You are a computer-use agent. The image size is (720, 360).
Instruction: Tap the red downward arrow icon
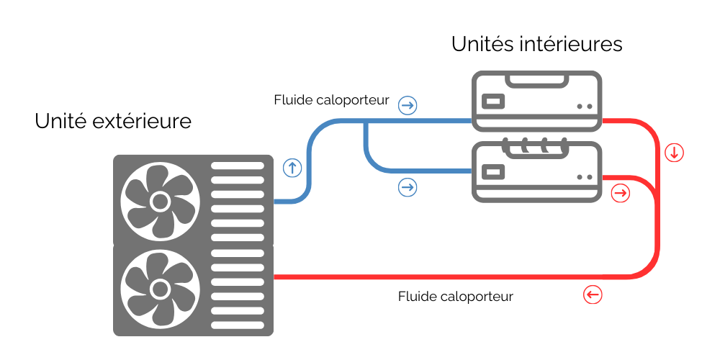tap(674, 153)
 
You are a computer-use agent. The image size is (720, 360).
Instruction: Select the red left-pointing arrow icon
tap(592, 294)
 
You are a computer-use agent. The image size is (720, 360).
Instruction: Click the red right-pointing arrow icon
tap(620, 193)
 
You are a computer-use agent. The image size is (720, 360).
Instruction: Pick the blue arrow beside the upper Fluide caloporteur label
tap(408, 106)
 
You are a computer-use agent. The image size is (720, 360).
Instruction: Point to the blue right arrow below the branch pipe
tap(408, 188)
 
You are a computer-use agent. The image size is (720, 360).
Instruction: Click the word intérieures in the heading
tap(570, 45)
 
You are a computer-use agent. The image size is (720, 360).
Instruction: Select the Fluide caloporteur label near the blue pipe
tap(331, 100)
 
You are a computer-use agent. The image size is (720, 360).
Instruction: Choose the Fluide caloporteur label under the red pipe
tap(455, 297)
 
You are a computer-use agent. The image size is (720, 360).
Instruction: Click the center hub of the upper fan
tap(159, 199)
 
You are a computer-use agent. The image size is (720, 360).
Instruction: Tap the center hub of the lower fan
tap(159, 289)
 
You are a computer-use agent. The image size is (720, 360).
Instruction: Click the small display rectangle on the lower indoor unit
tap(493, 173)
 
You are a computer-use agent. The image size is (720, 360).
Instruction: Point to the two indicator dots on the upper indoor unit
tap(585, 106)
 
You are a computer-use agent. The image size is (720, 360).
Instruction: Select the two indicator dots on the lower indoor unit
tap(585, 177)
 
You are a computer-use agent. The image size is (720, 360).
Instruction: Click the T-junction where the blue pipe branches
tap(366, 122)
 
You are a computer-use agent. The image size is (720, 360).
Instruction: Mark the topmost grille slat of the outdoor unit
tap(238, 166)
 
